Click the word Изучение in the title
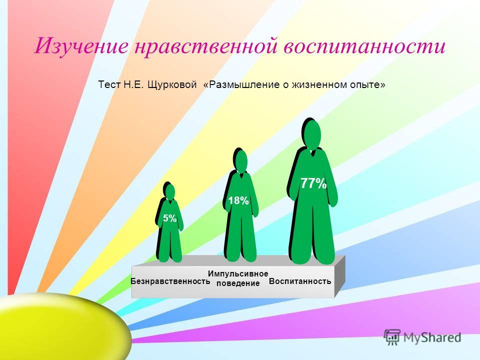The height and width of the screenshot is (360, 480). (81, 46)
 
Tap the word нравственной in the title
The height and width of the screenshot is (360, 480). (205, 46)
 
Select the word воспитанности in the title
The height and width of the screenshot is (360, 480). (364, 46)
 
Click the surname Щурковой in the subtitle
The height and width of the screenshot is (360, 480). (171, 85)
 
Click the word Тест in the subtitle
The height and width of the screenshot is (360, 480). (109, 84)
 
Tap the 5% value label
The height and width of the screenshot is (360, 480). (169, 218)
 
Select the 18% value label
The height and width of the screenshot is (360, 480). (238, 201)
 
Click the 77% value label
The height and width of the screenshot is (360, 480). (313, 183)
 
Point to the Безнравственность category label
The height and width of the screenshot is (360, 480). (170, 281)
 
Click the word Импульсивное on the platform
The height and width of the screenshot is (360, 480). (238, 273)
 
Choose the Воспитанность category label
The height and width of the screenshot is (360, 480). (300, 281)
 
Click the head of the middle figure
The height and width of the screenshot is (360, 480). (241, 161)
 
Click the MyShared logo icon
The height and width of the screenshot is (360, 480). (392, 337)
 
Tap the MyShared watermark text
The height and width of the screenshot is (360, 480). (432, 337)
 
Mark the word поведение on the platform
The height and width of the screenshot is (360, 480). (238, 283)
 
